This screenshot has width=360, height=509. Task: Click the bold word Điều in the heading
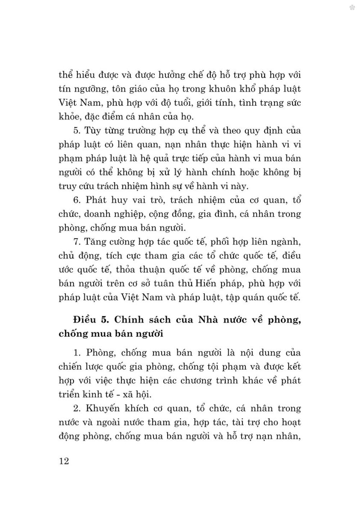pyautogui.click(x=84, y=320)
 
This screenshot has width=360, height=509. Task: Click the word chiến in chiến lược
pyautogui.click(x=71, y=366)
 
